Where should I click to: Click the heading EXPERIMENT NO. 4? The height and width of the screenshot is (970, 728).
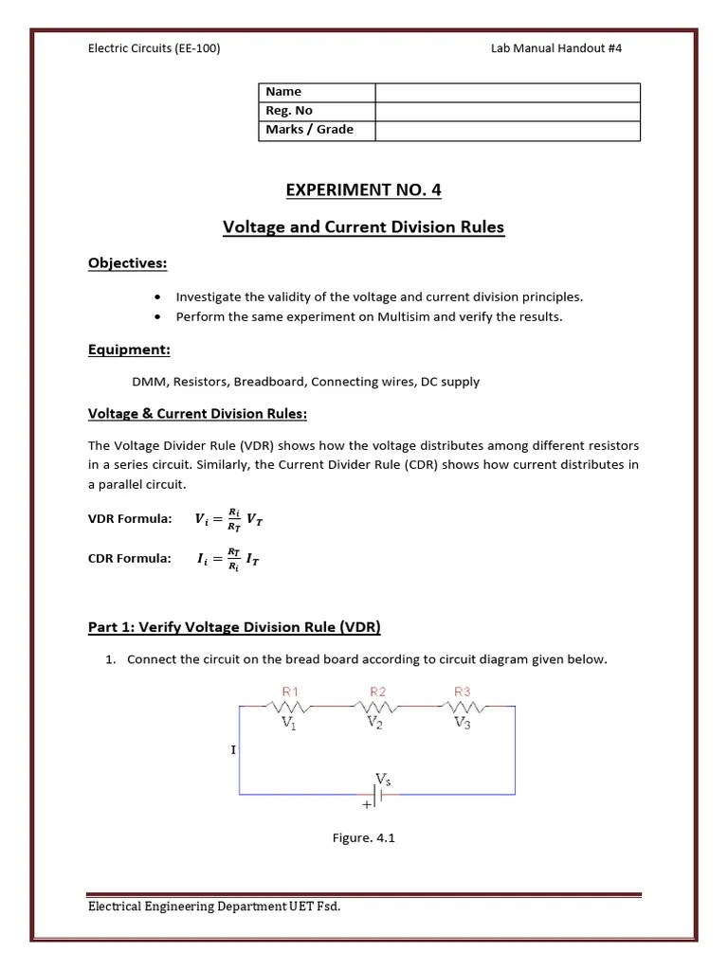[x=363, y=189]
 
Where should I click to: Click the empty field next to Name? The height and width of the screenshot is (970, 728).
[x=507, y=92]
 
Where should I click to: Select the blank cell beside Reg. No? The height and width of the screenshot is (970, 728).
[x=507, y=111]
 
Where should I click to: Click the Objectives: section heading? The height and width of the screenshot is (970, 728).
[x=128, y=262]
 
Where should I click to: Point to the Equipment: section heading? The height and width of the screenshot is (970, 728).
[x=129, y=350]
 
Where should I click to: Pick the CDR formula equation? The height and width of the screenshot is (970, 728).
[x=228, y=559]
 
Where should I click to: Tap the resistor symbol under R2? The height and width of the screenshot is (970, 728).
[x=376, y=706]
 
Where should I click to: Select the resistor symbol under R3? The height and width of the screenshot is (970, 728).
[x=463, y=706]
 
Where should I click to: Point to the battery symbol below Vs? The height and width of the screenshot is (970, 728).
[x=376, y=798]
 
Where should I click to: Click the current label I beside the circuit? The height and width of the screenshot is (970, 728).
[x=233, y=750]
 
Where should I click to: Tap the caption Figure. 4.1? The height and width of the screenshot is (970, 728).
[x=363, y=837]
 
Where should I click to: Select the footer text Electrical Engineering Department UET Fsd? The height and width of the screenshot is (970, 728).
[x=214, y=907]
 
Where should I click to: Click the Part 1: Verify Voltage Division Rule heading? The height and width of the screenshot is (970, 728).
[x=234, y=627]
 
